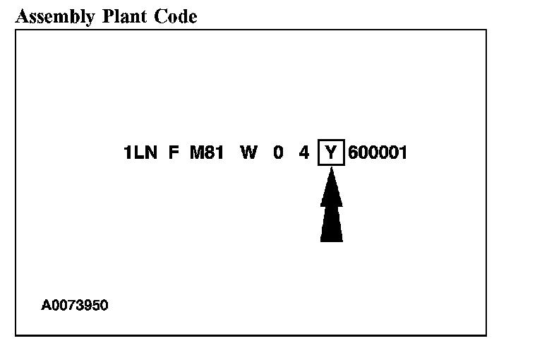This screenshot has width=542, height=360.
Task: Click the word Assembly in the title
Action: [54, 16]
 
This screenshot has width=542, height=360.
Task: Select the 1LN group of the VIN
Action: [140, 152]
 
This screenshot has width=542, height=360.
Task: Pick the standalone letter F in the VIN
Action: [174, 152]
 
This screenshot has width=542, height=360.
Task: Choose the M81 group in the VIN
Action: [206, 152]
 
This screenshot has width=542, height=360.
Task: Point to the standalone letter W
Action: [248, 152]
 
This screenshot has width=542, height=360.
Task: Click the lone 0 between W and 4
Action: [278, 152]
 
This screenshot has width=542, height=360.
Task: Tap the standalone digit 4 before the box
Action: [304, 152]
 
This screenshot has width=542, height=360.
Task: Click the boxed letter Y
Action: [331, 152]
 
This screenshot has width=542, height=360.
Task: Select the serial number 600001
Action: [378, 152]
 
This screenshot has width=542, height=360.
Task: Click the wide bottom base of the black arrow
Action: [331, 236]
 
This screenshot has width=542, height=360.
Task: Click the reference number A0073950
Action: [75, 306]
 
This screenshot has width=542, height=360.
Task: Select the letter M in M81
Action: [196, 152]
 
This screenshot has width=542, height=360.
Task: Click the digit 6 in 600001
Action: [354, 152]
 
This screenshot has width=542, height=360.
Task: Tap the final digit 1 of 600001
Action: [403, 152]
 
